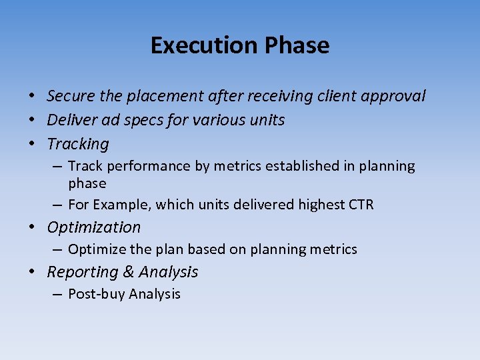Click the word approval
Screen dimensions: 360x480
pyautogui.click(x=393, y=96)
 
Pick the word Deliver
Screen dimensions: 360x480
pyautogui.click(x=71, y=120)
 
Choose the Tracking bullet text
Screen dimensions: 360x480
pyautogui.click(x=78, y=144)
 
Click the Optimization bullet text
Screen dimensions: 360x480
pyautogui.click(x=94, y=227)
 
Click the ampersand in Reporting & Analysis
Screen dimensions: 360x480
pyautogui.click(x=129, y=272)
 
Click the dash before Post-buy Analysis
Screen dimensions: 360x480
pyautogui.click(x=58, y=294)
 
